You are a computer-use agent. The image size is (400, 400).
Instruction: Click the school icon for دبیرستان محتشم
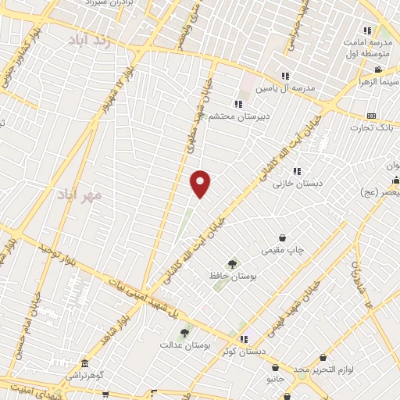(238, 104)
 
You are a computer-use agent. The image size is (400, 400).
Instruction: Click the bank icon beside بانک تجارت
(371, 115)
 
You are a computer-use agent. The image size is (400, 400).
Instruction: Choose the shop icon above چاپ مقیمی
(282, 237)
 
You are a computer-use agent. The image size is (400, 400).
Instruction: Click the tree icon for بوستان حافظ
(231, 264)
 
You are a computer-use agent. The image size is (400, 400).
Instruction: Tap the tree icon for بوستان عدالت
(184, 332)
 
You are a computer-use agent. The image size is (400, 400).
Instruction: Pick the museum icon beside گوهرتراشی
(84, 365)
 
